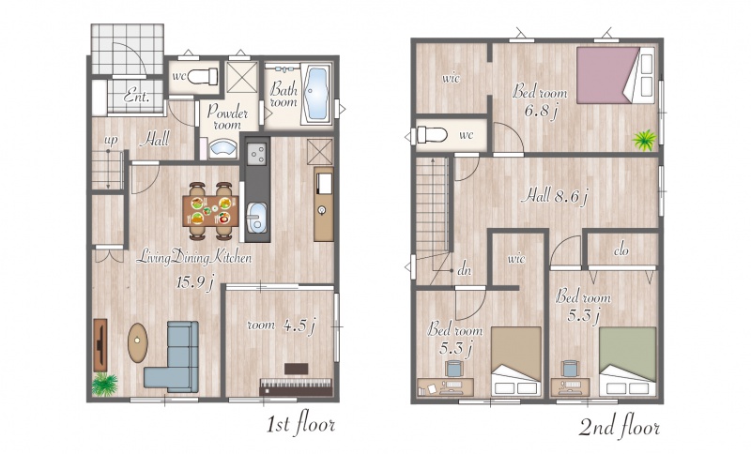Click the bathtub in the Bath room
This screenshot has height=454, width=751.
pos(316,94)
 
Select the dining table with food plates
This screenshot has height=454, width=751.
pos(210,210)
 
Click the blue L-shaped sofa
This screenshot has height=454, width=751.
pos(174,356)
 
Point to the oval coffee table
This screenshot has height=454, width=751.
pos(137,342)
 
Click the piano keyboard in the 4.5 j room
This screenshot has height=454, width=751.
pos(296,387)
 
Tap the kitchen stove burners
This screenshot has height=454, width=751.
pos(257,154)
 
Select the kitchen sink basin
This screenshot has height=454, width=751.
pos(257,219)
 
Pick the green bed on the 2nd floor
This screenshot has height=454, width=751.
pos(627,361)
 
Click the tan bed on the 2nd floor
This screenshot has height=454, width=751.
pos(516,361)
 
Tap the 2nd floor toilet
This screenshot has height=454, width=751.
pos(432,135)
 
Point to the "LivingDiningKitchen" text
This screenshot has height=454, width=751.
pos(193,258)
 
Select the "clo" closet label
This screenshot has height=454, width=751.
pos(621,250)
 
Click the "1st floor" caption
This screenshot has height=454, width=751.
pos(300,424)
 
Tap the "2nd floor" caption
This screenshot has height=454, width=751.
pos(620,427)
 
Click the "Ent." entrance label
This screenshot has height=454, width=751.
pos(136,97)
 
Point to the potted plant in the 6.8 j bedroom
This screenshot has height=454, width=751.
pos(644,140)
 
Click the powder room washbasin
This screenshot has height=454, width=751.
pos(223,148)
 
